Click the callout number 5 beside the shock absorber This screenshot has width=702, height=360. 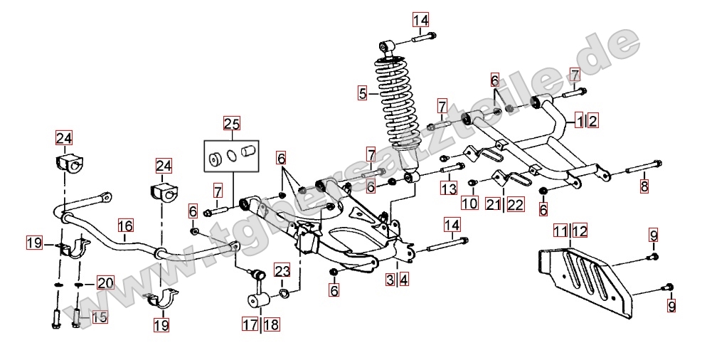tap(363, 92)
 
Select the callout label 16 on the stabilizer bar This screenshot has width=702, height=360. tap(125, 226)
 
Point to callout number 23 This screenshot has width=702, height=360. tap(282, 270)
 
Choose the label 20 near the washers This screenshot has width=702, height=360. tap(105, 283)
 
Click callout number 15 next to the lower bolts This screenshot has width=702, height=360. tap(99, 317)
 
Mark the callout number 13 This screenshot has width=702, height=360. tap(447, 189)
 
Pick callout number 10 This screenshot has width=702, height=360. tap(469, 203)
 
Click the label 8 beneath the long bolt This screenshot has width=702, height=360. tap(644, 187)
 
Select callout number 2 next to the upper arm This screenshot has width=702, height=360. tap(592, 120)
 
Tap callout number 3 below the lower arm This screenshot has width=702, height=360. tap(390, 280)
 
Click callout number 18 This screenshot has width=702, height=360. tap(271, 324)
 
